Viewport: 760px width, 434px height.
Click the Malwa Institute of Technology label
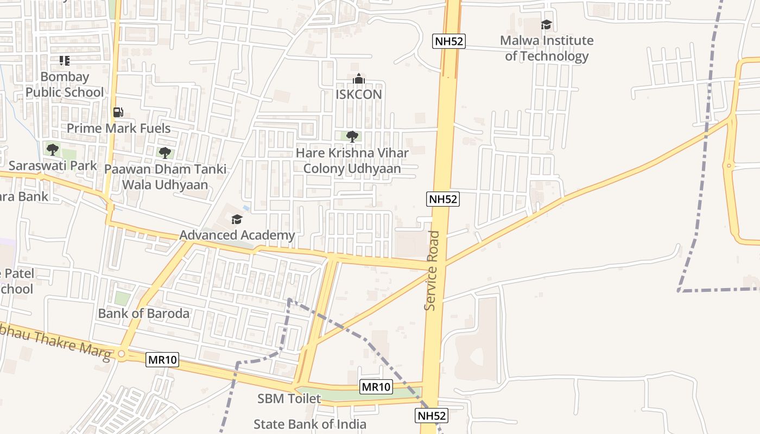pyautogui.click(x=547, y=48)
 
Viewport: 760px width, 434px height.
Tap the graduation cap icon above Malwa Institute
pyautogui.click(x=546, y=25)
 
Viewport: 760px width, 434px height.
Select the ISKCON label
pyautogui.click(x=359, y=94)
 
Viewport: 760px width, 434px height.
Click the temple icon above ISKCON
pyautogui.click(x=358, y=79)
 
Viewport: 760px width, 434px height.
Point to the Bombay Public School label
pyautogui.click(x=65, y=85)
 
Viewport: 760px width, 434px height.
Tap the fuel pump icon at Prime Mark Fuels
pyautogui.click(x=118, y=112)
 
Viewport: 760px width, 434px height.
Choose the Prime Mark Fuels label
pyautogui.click(x=119, y=129)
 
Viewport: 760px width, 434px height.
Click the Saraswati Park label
pyautogui.click(x=53, y=165)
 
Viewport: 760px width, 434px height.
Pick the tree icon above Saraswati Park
pyautogui.click(x=52, y=149)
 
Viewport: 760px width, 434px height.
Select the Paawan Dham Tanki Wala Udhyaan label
pyautogui.click(x=165, y=177)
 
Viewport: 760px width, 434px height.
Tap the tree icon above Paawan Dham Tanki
pyautogui.click(x=164, y=153)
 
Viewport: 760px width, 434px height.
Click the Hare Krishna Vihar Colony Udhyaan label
pyautogui.click(x=352, y=161)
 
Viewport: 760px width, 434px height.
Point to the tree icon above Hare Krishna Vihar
pyautogui.click(x=352, y=136)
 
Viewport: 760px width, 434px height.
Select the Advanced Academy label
pyautogui.click(x=237, y=235)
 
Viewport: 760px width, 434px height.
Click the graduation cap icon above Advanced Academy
pyautogui.click(x=237, y=219)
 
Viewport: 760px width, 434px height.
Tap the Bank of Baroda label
pyautogui.click(x=144, y=313)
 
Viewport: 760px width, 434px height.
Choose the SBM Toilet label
pyautogui.click(x=289, y=399)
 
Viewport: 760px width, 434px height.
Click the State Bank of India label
pyautogui.click(x=310, y=424)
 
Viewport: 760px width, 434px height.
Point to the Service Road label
pyautogui.click(x=432, y=271)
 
